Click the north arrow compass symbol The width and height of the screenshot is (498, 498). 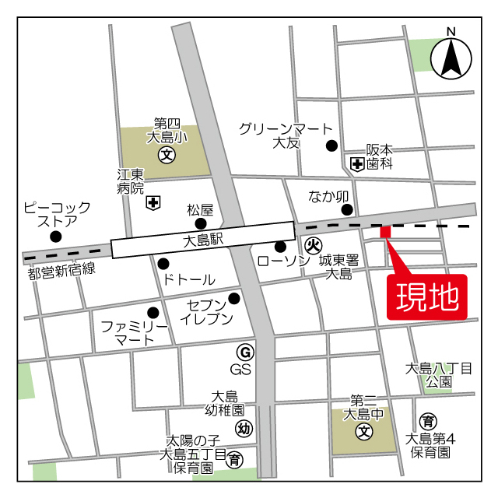point(451,57)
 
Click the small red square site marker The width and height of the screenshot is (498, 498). point(384,232)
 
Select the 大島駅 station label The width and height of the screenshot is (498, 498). point(204,242)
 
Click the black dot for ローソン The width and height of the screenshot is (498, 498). point(279,247)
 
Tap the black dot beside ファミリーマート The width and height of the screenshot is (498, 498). point(153,313)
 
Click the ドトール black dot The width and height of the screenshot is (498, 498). point(163,263)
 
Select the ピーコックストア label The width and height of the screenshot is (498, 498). point(57,215)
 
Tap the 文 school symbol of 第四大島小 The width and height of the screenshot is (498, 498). point(167,154)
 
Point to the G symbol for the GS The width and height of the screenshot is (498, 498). point(244,351)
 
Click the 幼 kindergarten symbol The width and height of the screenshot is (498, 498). point(244,428)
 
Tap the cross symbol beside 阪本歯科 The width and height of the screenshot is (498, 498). point(356,163)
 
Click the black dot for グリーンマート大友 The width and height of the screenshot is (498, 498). point(331,145)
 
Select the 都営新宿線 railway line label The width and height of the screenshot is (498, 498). point(61,271)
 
